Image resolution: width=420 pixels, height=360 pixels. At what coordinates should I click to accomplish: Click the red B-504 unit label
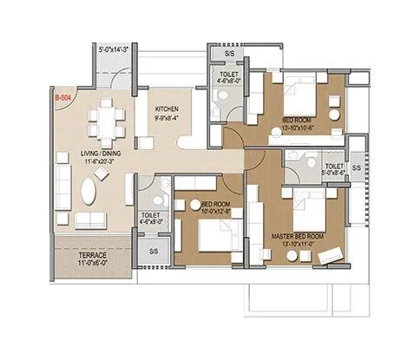point(62,100)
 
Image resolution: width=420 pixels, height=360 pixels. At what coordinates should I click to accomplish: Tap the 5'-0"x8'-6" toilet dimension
point(334,173)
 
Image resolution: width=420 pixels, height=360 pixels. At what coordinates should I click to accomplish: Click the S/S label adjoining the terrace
point(154,251)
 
